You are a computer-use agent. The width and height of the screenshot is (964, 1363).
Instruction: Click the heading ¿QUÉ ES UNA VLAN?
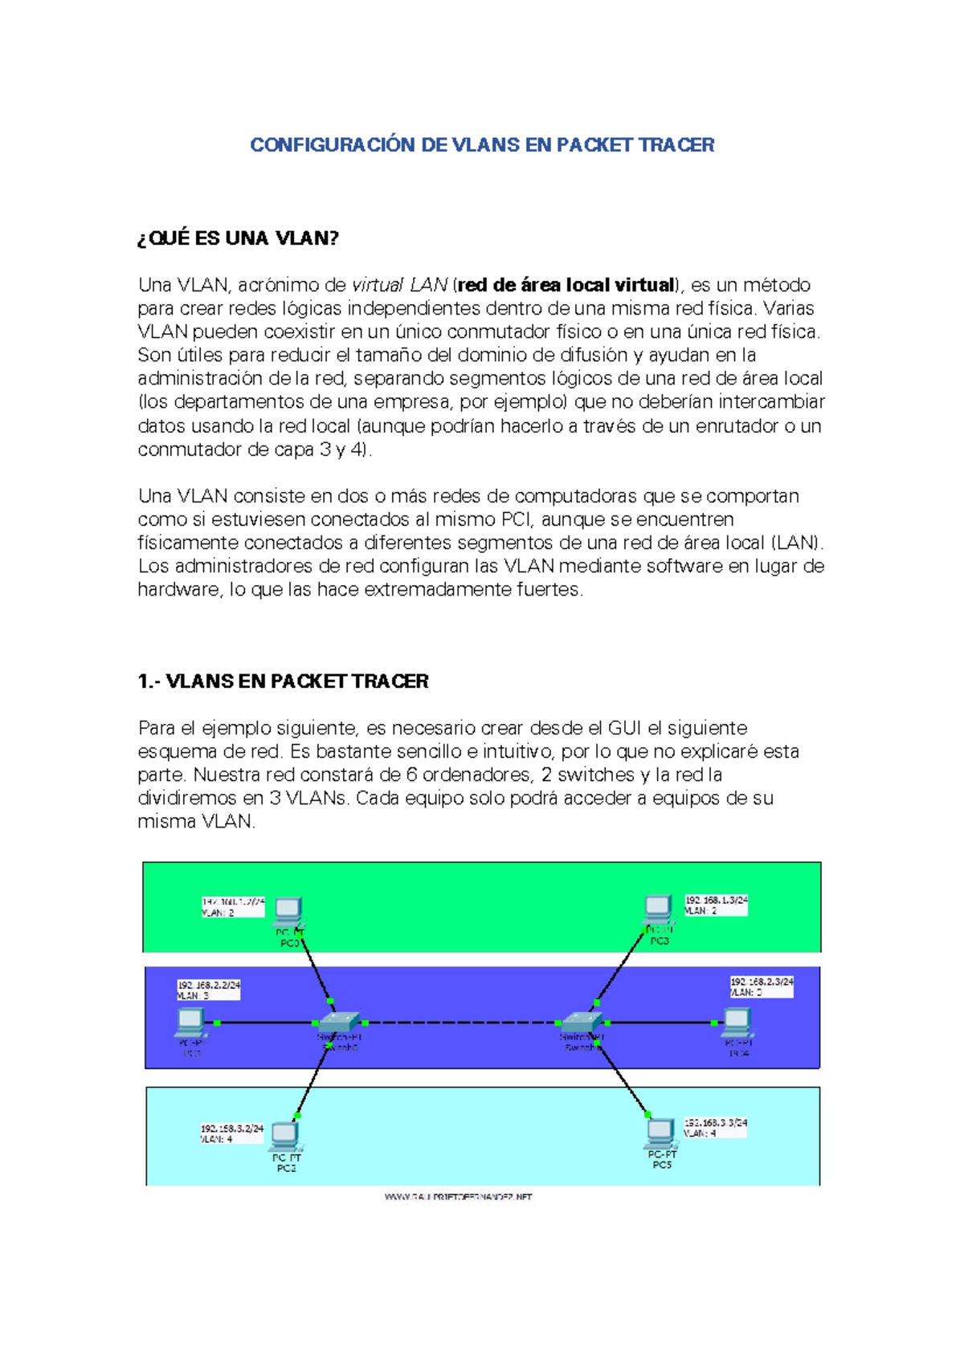point(239,238)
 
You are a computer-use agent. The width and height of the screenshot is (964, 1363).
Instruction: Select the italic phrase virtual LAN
point(399,285)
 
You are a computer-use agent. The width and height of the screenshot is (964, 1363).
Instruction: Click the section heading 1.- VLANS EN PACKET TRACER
point(283,681)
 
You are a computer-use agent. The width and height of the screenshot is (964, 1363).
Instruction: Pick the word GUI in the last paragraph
point(624,728)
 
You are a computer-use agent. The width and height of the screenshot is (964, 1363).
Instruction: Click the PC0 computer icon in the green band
point(288,912)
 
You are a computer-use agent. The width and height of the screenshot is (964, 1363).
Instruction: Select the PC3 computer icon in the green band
point(658,909)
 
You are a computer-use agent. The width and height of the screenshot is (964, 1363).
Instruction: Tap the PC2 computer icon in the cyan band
point(285,1136)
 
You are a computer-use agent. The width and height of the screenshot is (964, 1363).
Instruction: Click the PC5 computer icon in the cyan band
point(660,1133)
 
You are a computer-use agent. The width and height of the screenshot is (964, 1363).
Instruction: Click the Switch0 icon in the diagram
point(338,1022)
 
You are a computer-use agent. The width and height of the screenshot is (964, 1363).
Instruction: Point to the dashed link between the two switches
point(462,1023)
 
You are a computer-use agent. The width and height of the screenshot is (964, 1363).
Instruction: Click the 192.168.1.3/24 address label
point(716,901)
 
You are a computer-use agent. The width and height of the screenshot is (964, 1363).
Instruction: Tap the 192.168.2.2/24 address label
point(209,985)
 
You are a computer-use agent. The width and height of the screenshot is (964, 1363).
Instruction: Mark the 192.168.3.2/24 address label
point(232,1128)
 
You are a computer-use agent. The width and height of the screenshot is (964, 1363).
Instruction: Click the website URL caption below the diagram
point(458,1197)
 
